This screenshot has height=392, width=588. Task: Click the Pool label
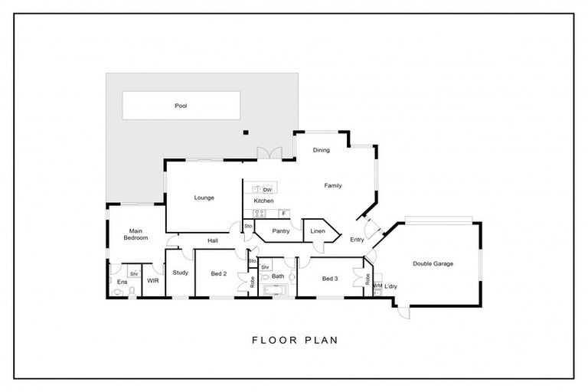pos(181,106)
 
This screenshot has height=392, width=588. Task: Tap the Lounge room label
pos(204,198)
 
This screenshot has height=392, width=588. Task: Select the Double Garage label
pos(433,263)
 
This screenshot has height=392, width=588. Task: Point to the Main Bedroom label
pos(135,234)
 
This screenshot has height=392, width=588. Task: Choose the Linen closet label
pos(318,230)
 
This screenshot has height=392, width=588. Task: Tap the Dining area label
pos(321,150)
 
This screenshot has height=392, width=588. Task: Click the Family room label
pos(332,185)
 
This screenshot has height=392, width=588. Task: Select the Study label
pos(181,273)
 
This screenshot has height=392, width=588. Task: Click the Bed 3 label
pos(330,278)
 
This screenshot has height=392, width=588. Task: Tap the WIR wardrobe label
pos(153,281)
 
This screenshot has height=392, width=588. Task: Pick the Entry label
pos(357,240)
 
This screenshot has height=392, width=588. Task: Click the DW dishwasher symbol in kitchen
pos(267,188)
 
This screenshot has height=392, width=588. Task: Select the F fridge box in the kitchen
pos(283,213)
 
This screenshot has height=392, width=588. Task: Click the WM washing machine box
pos(377,286)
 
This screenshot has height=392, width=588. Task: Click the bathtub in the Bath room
pos(273,290)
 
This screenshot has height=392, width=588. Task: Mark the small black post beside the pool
pos(246,133)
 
